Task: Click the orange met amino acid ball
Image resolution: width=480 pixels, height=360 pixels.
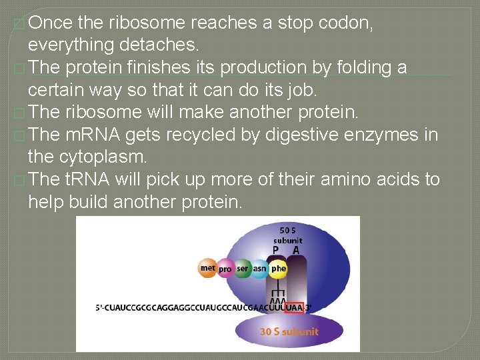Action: coord(208,269)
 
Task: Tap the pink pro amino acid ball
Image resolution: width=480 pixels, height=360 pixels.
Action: coord(225,269)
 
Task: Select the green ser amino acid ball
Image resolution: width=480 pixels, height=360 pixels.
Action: coord(243,269)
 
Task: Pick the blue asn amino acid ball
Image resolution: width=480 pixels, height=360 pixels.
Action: coord(260,269)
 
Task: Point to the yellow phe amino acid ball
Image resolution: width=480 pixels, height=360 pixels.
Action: coord(278,269)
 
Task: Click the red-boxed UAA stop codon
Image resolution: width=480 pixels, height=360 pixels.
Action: coord(293,307)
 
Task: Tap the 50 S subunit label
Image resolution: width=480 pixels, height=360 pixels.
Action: coord(288,235)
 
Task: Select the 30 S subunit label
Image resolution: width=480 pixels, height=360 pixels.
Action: coord(289,331)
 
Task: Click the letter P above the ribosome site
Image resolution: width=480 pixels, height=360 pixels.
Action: coord(275,250)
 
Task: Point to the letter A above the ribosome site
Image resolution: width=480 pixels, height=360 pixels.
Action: coord(296,250)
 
